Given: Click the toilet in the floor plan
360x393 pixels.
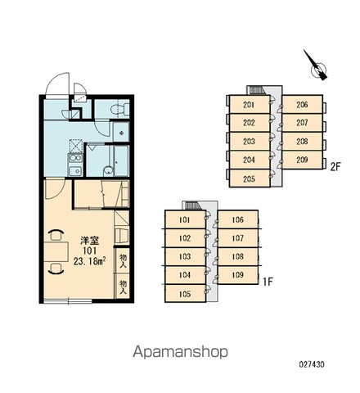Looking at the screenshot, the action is pyautogui.click(x=120, y=109).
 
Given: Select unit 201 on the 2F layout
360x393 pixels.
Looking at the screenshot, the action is pyautogui.click(x=250, y=104).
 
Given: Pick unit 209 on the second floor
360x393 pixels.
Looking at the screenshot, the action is pyautogui.click(x=302, y=160).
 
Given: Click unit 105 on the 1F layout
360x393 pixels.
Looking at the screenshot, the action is pyautogui.click(x=185, y=294).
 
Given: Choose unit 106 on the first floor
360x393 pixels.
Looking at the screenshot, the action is pyautogui.click(x=238, y=219).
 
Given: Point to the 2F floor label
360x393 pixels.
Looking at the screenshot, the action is pyautogui.click(x=335, y=166).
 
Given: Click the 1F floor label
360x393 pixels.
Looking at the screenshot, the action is pyautogui.click(x=268, y=282).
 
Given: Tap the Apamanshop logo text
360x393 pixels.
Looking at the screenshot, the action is pyautogui.click(x=180, y=351).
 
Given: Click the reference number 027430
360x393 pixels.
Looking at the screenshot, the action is pyautogui.click(x=312, y=364).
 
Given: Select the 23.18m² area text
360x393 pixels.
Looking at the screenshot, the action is pyautogui.click(x=89, y=261).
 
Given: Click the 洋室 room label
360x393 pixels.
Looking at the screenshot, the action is pyautogui.click(x=89, y=241).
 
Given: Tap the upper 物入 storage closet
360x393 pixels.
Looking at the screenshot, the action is pyautogui.click(x=123, y=260).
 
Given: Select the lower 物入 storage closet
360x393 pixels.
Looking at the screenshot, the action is pyautogui.click(x=123, y=287).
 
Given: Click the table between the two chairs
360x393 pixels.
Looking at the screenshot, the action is pyautogui.click(x=56, y=252).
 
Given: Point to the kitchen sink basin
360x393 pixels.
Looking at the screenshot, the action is pyautogui.click(x=74, y=171).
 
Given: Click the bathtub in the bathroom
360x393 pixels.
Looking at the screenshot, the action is pyautogui.click(x=121, y=161).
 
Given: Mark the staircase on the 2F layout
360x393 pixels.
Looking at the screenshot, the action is pyautogui.click(x=256, y=90).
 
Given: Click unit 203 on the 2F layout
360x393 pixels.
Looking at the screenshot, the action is pyautogui.click(x=250, y=142).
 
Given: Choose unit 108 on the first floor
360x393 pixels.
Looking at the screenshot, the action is pyautogui.click(x=238, y=256).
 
